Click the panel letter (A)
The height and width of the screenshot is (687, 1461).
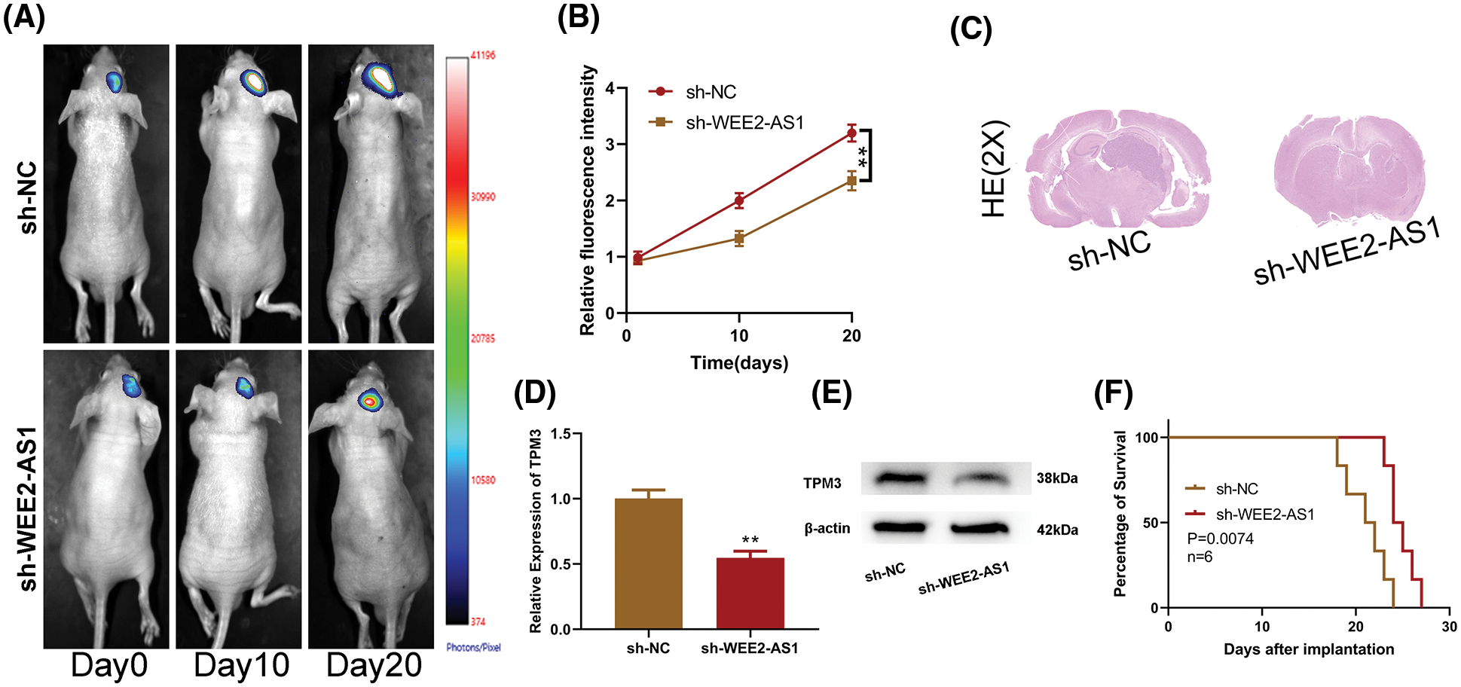23,17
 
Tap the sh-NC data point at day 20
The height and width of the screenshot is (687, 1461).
851,135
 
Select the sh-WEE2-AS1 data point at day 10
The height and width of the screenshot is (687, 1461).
739,239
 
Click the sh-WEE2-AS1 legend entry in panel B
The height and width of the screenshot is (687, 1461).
744,123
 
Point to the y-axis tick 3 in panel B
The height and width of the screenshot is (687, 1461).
610,145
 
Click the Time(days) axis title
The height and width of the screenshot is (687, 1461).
739,363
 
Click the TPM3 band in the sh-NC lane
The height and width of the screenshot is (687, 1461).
903,478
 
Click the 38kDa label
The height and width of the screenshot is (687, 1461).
1056,478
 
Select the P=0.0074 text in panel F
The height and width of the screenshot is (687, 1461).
1220,539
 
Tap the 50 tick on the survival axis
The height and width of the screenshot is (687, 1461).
1150,523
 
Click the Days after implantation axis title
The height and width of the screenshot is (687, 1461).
1309,649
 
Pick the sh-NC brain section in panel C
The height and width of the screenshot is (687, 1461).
1119,172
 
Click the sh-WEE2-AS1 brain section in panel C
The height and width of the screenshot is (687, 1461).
1349,170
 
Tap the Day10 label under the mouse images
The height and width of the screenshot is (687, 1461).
241,665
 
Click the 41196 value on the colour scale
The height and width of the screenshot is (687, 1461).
483,56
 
